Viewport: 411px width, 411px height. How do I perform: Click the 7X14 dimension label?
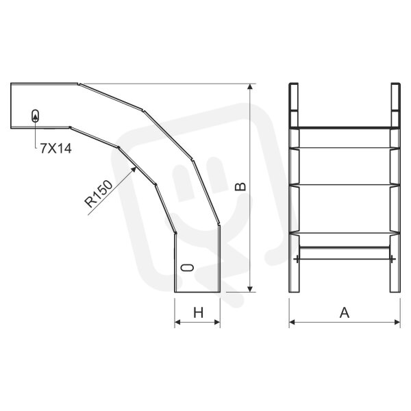[56, 149]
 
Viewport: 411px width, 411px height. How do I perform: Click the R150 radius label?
[99, 194]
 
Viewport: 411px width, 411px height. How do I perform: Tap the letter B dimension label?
[240, 186]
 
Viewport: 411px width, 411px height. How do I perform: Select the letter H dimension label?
[199, 313]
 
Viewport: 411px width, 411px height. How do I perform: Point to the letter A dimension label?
[345, 313]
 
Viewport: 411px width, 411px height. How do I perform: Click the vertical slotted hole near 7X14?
[36, 116]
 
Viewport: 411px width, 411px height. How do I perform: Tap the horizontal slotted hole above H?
[188, 268]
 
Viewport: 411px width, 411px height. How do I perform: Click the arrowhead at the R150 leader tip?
[134, 169]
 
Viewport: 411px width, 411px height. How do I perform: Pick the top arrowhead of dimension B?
[250, 87]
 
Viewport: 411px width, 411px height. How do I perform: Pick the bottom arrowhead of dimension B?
[250, 288]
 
